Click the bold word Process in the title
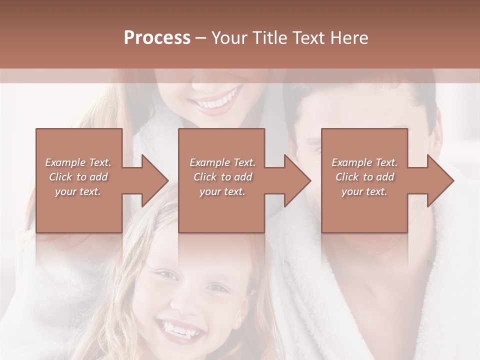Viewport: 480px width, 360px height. pyautogui.click(x=157, y=38)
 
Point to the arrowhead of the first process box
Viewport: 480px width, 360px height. pyautogui.click(x=155, y=180)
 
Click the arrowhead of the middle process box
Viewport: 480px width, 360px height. pyautogui.click(x=298, y=180)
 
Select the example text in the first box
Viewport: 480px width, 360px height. pyautogui.click(x=78, y=177)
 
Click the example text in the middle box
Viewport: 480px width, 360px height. pyautogui.click(x=222, y=177)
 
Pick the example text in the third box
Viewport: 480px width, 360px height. pyautogui.click(x=364, y=177)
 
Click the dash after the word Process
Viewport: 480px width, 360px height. pyautogui.click(x=200, y=38)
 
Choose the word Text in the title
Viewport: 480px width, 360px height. pyautogui.click(x=308, y=38)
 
